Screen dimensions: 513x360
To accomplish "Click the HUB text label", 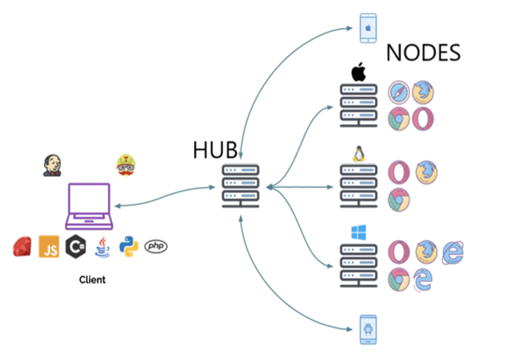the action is (x=215, y=150).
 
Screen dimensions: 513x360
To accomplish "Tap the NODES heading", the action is (x=423, y=53).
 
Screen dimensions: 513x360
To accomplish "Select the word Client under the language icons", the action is (x=92, y=279).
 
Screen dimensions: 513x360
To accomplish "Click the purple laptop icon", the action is (x=89, y=206).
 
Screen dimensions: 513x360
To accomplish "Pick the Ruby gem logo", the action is (x=22, y=246).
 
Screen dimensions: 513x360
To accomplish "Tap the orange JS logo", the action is (x=49, y=246).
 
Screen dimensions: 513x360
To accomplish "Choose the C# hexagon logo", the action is (x=76, y=246).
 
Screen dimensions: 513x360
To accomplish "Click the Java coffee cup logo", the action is (x=103, y=247).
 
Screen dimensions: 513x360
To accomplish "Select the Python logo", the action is (x=129, y=246).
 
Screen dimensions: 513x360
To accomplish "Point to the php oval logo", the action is (x=156, y=246).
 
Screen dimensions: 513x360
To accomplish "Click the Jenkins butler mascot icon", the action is (x=52, y=166).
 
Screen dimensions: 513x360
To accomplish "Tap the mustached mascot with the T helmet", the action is (x=126, y=165).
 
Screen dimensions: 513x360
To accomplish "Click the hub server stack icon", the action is (x=241, y=186).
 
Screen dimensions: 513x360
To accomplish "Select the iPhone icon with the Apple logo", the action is (x=368, y=28).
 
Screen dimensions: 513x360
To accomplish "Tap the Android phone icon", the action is (x=368, y=329).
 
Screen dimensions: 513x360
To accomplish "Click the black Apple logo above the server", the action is (x=358, y=72).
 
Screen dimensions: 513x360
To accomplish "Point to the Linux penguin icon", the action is (x=358, y=154).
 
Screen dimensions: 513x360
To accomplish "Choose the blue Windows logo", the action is (x=358, y=233).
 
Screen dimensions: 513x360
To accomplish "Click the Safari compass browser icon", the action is (x=399, y=92).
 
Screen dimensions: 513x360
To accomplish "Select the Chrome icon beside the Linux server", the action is (x=399, y=200).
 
